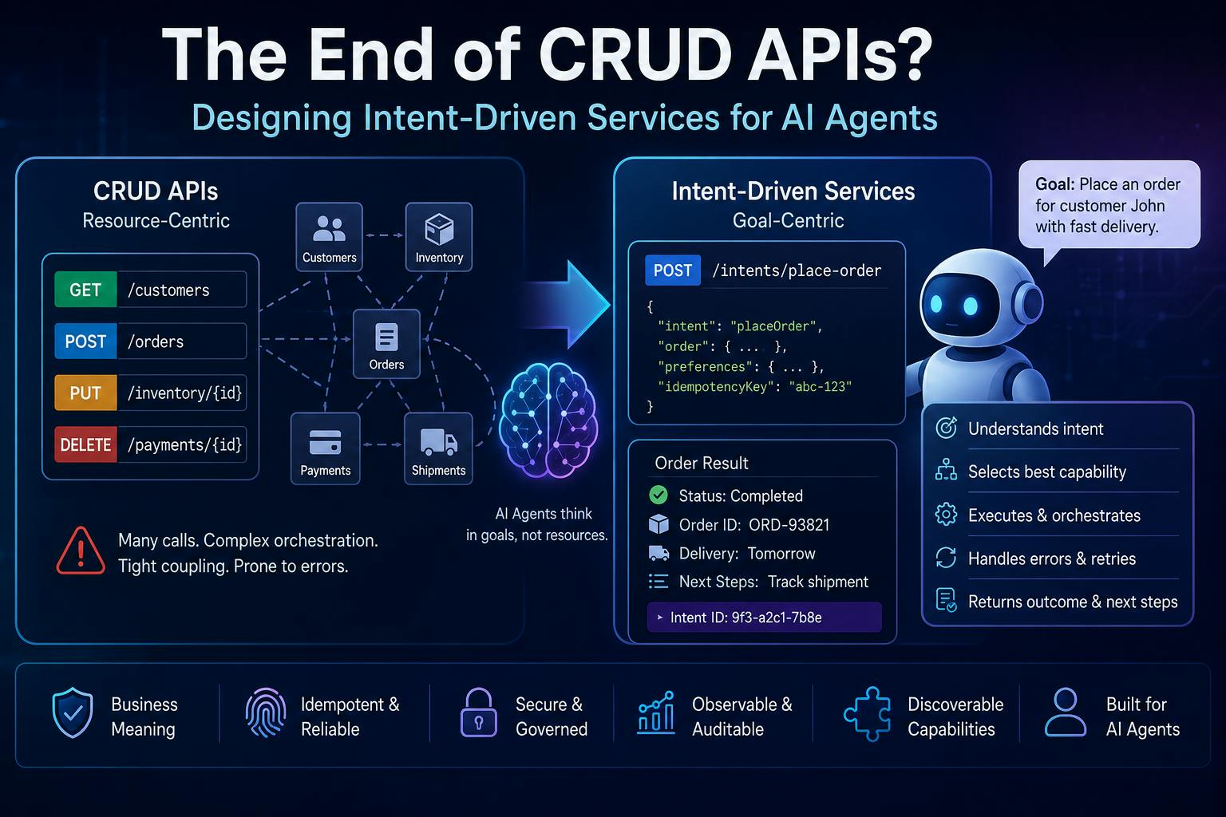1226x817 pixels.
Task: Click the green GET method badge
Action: click(85, 290)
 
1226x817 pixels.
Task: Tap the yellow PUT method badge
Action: click(85, 393)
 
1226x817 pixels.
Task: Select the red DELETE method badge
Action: click(85, 444)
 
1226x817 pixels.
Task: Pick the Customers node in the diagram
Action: click(329, 236)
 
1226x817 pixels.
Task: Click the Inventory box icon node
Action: click(439, 236)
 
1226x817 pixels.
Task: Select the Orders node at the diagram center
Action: click(386, 344)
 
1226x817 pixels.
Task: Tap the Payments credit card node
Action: click(325, 448)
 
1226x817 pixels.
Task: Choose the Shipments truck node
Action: click(438, 448)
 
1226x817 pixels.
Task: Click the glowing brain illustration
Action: click(548, 420)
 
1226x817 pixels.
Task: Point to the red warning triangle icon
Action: click(81, 551)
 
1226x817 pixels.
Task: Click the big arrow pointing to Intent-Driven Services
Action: click(567, 304)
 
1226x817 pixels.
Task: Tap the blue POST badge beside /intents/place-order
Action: click(673, 270)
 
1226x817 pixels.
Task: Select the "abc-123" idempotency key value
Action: click(820, 387)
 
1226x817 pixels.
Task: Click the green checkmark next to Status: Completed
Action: click(658, 495)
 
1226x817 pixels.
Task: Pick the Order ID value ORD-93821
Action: click(789, 525)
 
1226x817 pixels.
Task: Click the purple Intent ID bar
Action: click(764, 618)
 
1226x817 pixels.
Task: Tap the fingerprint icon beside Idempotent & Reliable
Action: click(266, 712)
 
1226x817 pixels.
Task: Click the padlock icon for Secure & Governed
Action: click(478, 712)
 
